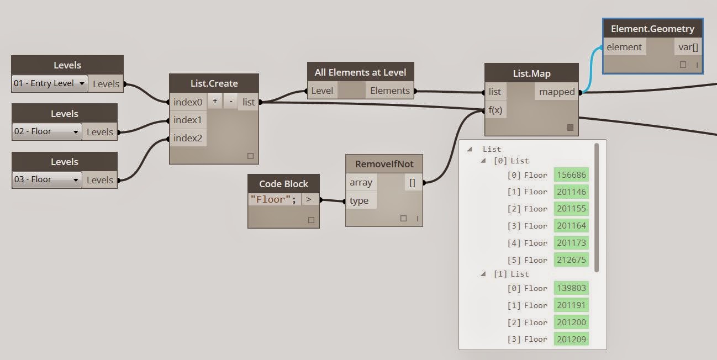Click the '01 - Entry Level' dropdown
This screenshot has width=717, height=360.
coord(50,84)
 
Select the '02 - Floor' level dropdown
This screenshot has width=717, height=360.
coord(47,132)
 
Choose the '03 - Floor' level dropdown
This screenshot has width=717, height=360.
coord(47,180)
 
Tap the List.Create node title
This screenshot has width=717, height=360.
coord(213,83)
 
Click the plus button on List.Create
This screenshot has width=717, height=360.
coord(215,102)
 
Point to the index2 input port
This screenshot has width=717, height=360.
coord(188,138)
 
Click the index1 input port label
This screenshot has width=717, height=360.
coord(188,120)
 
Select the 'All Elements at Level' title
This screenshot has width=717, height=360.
coord(360,72)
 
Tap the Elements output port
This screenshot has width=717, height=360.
coord(390,91)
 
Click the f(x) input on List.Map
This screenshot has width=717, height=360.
coord(495,110)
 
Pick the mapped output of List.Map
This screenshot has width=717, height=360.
coord(557,92)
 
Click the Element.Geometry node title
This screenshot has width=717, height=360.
coord(652,29)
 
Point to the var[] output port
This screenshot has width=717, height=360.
coord(688,47)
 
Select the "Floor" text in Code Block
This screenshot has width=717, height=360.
coord(274,200)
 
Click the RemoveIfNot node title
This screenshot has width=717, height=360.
coord(384,164)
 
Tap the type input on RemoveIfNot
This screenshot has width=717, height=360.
coord(359,200)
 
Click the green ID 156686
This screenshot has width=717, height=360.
coord(571,175)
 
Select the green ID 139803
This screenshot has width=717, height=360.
coord(571,288)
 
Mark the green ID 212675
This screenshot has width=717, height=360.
coord(571,260)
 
